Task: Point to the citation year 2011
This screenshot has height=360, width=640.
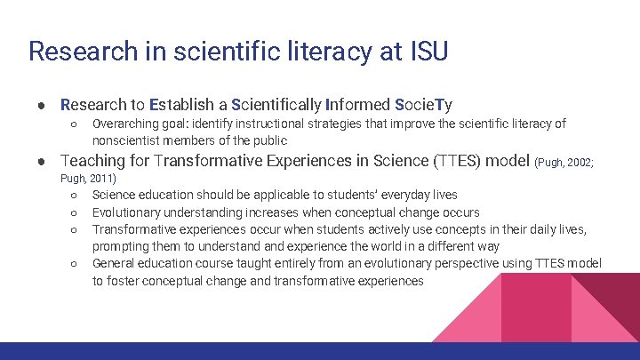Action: point(99,179)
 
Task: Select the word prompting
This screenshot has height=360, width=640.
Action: point(122,246)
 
